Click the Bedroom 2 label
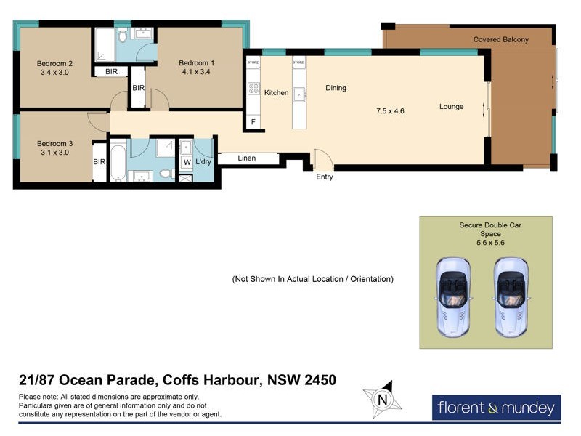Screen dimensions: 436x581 [55, 63]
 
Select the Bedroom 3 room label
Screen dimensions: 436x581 [55, 144]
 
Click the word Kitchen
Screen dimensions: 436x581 [276, 93]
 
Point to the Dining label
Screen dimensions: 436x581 [336, 88]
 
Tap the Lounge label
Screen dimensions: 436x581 [451, 107]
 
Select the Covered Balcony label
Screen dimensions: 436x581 [500, 39]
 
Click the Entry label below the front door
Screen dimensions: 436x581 [325, 177]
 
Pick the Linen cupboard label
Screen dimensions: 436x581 [246, 158]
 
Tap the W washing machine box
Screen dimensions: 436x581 [186, 161]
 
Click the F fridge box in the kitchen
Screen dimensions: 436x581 [253, 121]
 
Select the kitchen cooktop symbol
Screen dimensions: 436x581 [253, 89]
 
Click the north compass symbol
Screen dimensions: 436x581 [380, 398]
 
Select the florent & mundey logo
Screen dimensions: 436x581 [497, 408]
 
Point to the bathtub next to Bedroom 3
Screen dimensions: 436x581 [118, 161]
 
